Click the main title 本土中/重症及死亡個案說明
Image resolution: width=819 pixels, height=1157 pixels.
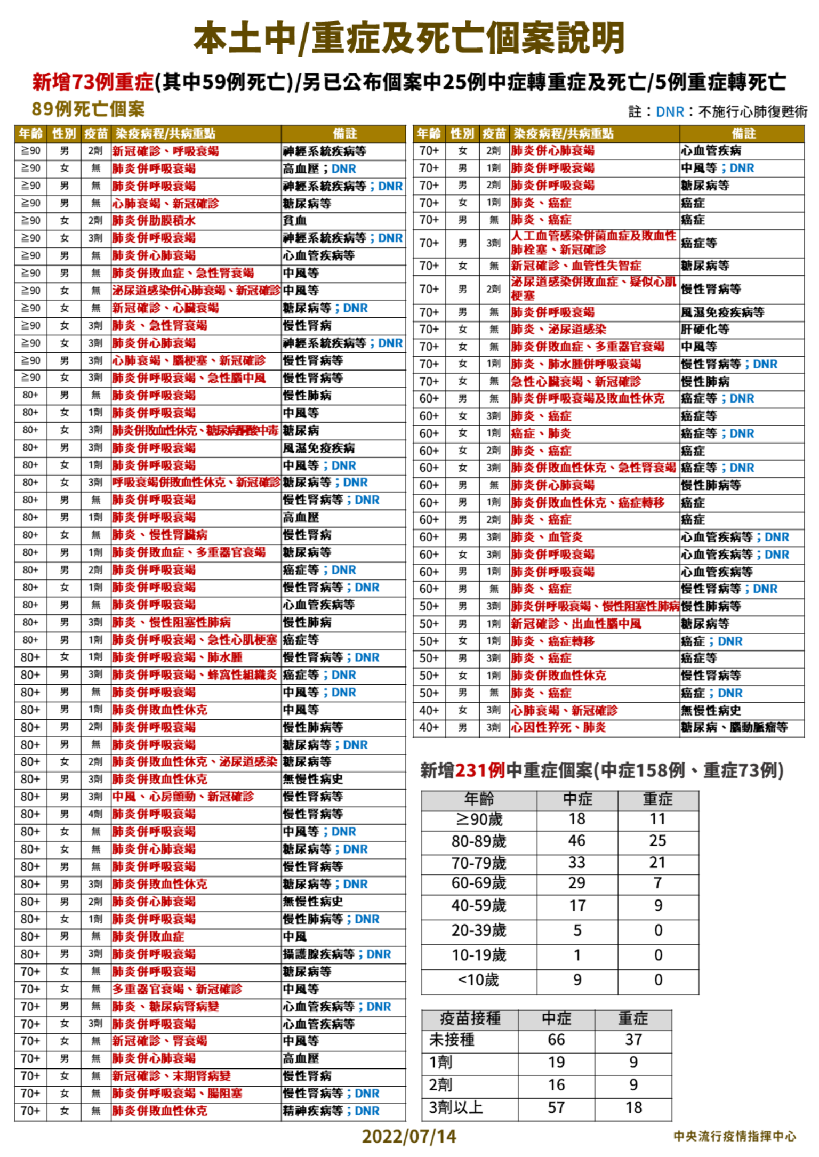pyautogui.click(x=409, y=38)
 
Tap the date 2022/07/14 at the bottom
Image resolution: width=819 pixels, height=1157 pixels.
pyautogui.click(x=409, y=1136)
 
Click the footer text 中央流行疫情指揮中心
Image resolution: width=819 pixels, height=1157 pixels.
pyautogui.click(x=734, y=1136)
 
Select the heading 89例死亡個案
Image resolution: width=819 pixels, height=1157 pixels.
pyautogui.click(x=88, y=109)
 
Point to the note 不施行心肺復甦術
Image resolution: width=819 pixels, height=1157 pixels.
pyautogui.click(x=753, y=112)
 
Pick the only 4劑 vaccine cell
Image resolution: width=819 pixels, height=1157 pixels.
pyautogui.click(x=95, y=814)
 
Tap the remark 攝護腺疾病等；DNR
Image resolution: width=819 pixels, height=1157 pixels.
pyautogui.click(x=337, y=954)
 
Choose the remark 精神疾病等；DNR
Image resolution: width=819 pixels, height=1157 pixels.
pyautogui.click(x=331, y=1111)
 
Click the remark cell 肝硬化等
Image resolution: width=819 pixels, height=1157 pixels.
pyautogui.click(x=705, y=330)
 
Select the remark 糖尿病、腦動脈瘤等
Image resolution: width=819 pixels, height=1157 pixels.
pyautogui.click(x=734, y=728)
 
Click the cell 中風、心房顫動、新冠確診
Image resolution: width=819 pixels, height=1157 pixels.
pyautogui.click(x=183, y=797)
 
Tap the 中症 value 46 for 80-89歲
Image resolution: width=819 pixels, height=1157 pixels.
pyautogui.click(x=576, y=841)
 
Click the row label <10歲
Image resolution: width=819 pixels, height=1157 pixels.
pyautogui.click(x=478, y=980)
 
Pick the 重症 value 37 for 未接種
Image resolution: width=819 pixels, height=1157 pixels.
pyautogui.click(x=633, y=1040)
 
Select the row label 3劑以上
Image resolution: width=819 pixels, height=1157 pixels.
pyautogui.click(x=456, y=1108)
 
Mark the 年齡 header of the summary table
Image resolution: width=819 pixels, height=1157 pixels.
pyautogui.click(x=479, y=799)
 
